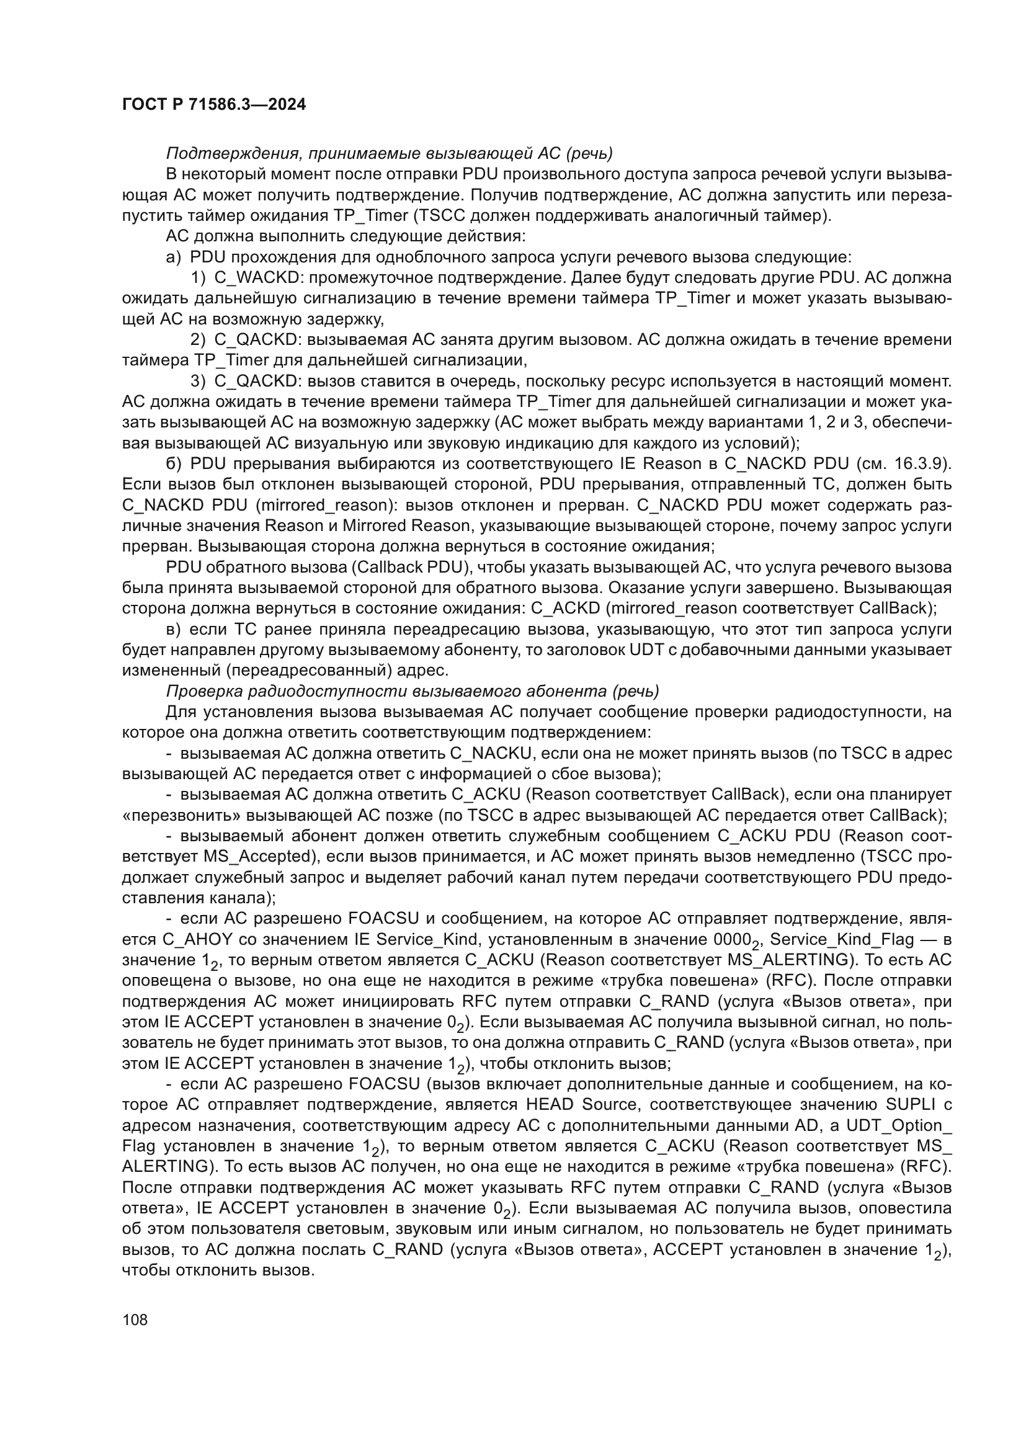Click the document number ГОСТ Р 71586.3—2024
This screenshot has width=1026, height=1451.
coord(213,105)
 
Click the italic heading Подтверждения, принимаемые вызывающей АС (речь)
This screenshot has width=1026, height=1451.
coord(389,154)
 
